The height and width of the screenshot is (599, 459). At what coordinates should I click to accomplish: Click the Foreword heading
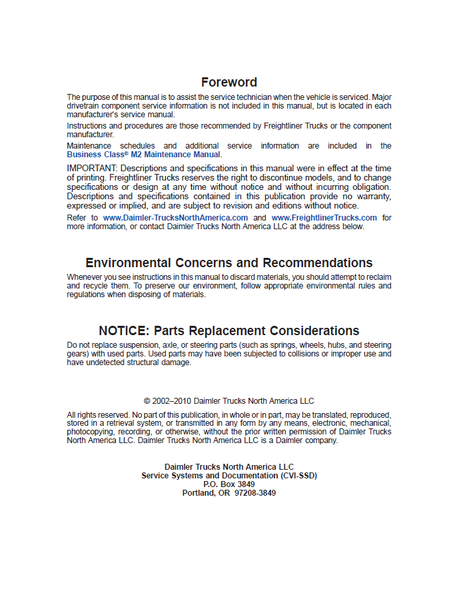coord(229,83)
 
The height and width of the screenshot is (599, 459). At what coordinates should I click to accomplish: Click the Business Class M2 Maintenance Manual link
coord(143,155)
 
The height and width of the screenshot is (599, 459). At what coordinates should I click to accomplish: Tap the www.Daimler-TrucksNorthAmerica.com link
coord(175,218)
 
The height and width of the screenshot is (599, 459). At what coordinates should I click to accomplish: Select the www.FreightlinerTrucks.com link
coord(324,218)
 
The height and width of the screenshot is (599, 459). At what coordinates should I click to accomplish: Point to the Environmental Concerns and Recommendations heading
coord(229,263)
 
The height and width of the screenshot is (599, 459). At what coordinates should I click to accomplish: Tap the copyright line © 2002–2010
coord(229,401)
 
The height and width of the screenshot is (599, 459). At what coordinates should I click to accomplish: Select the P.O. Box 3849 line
coord(229,484)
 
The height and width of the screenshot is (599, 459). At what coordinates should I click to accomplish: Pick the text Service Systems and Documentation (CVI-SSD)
coord(229,476)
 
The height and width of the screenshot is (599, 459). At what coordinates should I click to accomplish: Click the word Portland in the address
coord(200,493)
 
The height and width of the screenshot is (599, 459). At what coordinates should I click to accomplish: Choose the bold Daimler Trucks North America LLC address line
coord(229,467)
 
